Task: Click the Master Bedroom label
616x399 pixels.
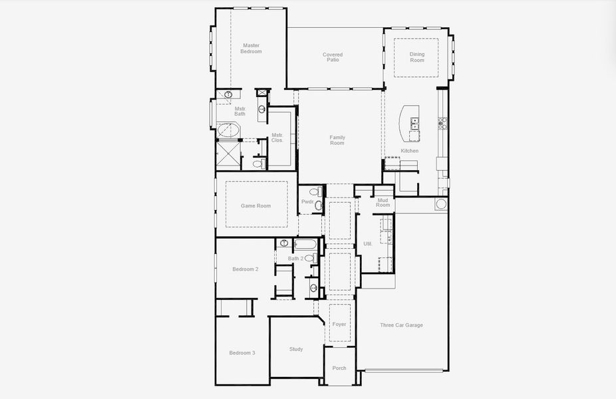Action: point(251,49)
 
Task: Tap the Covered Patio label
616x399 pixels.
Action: point(333,57)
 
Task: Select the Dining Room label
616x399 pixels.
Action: point(416,57)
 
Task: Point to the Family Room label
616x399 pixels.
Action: point(337,140)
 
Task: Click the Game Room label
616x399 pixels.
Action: point(255,206)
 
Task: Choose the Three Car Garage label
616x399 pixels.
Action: point(401,325)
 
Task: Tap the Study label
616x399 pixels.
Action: point(296,349)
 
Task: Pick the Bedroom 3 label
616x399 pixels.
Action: point(242,352)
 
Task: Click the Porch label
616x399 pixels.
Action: point(339,368)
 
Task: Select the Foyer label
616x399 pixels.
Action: point(339,325)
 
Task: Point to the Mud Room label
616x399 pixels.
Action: point(383,202)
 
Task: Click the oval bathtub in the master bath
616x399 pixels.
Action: point(228,130)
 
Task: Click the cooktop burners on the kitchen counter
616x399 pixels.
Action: point(442,122)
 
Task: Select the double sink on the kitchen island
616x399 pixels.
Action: point(414,123)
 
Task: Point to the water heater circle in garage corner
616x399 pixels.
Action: point(440,203)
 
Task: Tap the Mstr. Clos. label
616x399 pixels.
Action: point(277,138)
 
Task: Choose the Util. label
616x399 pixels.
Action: point(367,244)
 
